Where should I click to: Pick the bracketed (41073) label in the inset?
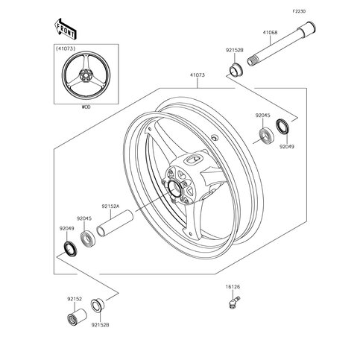pos(66,49)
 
